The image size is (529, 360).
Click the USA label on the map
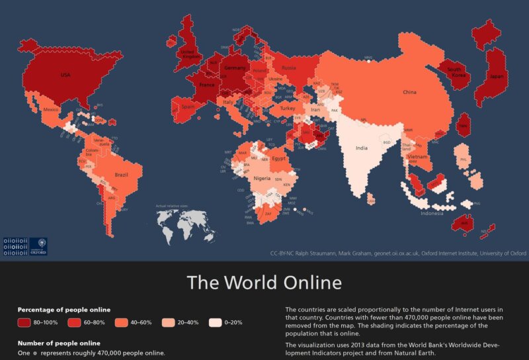click(65, 75)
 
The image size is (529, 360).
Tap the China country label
click(410, 93)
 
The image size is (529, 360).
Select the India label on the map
click(361, 148)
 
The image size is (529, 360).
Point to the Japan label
click(496, 76)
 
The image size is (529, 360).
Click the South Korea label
click(454, 72)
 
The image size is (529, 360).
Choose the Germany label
click(235, 68)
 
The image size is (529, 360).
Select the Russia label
click(288, 68)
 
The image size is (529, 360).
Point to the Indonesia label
click(432, 213)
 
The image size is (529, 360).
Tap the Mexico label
click(52, 109)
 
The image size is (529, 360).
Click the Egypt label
click(278, 159)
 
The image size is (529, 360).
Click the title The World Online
click(264, 283)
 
